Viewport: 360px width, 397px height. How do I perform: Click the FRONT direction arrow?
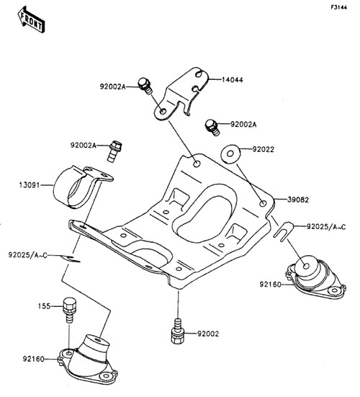pos(32,19)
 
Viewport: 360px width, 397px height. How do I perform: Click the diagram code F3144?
pos(338,7)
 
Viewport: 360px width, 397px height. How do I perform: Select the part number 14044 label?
pos(233,80)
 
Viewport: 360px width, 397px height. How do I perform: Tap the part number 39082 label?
pos(298,200)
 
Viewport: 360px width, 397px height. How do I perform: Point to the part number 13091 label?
pos(30,185)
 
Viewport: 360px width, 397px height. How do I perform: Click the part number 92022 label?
pos(263,149)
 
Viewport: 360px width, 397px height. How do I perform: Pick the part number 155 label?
pos(44,306)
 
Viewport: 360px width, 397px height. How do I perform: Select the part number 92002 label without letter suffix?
pos(208,334)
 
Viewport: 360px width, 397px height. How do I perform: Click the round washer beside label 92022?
pos(230,153)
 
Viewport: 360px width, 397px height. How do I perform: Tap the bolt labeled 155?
pos(68,310)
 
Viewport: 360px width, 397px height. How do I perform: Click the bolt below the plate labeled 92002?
pos(178,331)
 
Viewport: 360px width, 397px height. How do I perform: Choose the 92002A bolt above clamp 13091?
pos(115,151)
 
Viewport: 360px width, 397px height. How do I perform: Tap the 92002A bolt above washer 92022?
pos(212,128)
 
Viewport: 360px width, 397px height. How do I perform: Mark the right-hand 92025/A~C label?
pos(326,227)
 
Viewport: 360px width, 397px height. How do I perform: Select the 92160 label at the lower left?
pos(34,359)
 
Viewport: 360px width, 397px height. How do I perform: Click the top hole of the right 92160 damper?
pos(307,266)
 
